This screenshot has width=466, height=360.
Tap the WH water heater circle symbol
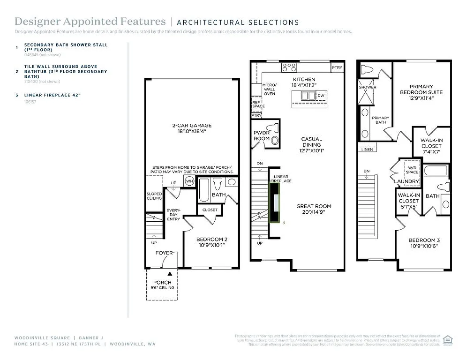[189, 181]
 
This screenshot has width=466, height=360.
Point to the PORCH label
[162, 282]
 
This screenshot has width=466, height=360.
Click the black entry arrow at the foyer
[170, 272]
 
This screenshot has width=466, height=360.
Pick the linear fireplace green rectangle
[274, 202]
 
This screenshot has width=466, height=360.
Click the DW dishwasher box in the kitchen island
[321, 96]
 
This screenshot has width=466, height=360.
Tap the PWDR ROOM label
[262, 135]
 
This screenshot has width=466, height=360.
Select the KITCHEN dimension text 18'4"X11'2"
[304, 85]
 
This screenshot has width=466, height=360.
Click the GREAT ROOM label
[314, 206]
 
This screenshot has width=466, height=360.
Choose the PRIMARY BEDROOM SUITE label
[421, 89]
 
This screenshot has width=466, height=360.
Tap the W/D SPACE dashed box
[412, 168]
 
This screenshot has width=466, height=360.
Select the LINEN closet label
[367, 150]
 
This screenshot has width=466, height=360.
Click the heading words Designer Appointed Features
[90, 22]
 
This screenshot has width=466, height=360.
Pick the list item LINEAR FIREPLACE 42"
[53, 95]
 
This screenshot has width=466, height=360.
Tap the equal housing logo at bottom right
[448, 339]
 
